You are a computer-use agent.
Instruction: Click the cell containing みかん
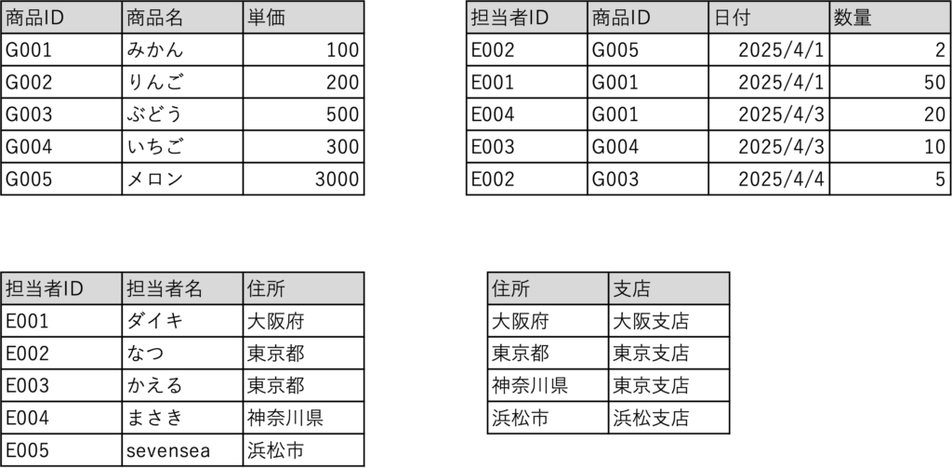click(182, 50)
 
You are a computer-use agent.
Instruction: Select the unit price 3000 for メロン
click(304, 179)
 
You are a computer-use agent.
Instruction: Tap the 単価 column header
click(304, 18)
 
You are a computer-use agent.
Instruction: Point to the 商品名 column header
click(182, 18)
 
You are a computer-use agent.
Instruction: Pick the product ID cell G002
click(61, 82)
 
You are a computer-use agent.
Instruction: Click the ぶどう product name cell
click(182, 114)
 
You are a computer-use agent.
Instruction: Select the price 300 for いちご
click(304, 146)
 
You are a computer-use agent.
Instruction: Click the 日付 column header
click(769, 18)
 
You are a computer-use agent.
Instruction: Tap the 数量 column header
click(890, 18)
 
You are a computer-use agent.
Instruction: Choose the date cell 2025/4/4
click(769, 179)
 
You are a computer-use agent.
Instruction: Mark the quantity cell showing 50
click(890, 82)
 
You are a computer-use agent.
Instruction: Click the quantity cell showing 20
click(890, 114)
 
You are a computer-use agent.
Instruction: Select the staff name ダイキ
click(182, 320)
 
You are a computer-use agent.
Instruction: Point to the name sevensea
click(182, 449)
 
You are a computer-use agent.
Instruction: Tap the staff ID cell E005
click(61, 449)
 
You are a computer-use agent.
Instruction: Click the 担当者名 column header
click(182, 288)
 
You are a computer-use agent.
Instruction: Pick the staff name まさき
click(182, 418)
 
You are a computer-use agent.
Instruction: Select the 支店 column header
click(668, 288)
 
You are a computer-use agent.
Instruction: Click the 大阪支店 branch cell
click(668, 320)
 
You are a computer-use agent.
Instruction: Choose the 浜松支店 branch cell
click(668, 418)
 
